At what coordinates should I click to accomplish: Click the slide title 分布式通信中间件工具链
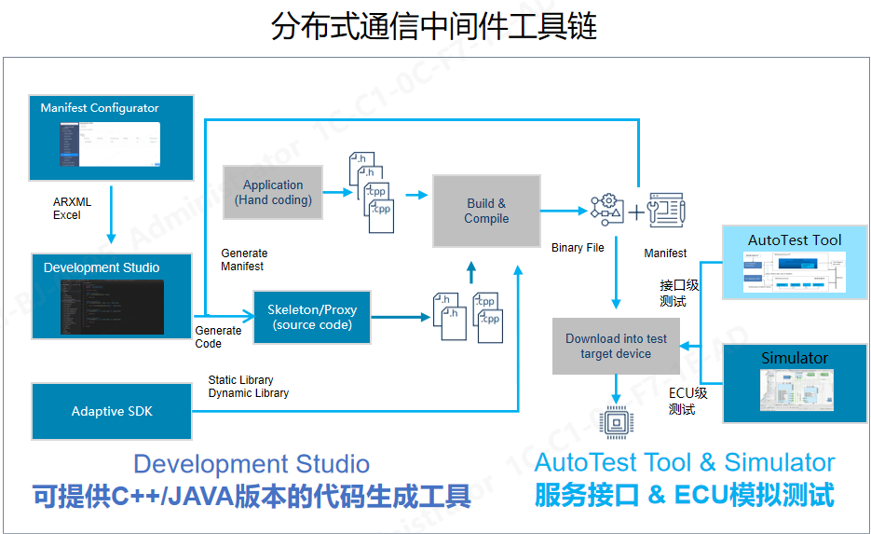click(434, 26)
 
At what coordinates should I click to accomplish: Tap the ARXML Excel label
click(72, 209)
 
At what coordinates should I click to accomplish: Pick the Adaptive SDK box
click(112, 411)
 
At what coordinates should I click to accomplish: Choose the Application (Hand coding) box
click(273, 193)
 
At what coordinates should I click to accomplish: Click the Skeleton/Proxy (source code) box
click(312, 318)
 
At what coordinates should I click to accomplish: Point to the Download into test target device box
click(616, 347)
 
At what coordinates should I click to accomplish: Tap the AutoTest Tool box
click(795, 260)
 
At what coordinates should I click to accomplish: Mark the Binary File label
click(578, 248)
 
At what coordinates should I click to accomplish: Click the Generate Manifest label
click(244, 260)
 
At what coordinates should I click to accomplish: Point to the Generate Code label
click(218, 337)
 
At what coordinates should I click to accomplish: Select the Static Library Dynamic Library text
click(248, 387)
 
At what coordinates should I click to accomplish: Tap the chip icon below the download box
click(616, 422)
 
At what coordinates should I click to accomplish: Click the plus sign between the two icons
click(636, 212)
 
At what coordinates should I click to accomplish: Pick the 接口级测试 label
click(679, 293)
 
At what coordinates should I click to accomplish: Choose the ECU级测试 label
click(687, 401)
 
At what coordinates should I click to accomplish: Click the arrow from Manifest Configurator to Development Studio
click(112, 215)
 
